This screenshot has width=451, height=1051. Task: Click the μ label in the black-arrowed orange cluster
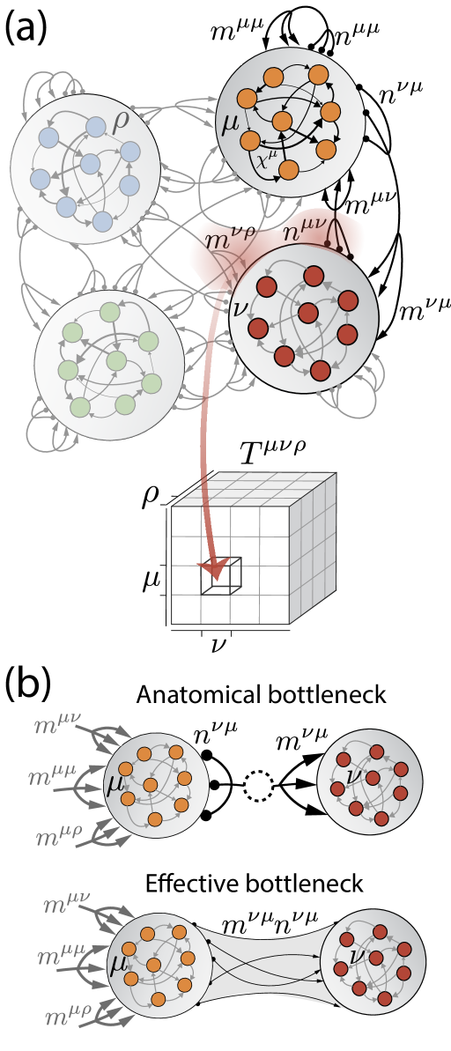pyautogui.click(x=231, y=122)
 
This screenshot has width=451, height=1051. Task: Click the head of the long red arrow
pyautogui.click(x=211, y=570)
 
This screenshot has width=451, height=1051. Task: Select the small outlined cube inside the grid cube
pyautogui.click(x=225, y=574)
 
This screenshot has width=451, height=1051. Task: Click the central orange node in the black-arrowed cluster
pyautogui.click(x=282, y=121)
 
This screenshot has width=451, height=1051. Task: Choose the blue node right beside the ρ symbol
pyautogui.click(x=96, y=127)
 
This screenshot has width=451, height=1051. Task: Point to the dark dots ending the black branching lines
pyautogui.click(x=339, y=248)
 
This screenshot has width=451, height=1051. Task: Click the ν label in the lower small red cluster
pyautogui.click(x=358, y=958)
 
